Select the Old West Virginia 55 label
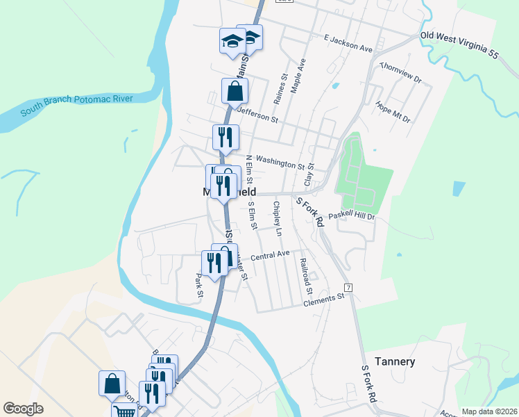coord(459,44)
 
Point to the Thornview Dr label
coord(401,74)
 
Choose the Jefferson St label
coord(257,114)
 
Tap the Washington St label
coord(280,163)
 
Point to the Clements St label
coord(324,299)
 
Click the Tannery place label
coord(395,361)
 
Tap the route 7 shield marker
coord(348,287)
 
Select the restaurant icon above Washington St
coord(226,137)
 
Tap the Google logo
coord(23,409)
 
